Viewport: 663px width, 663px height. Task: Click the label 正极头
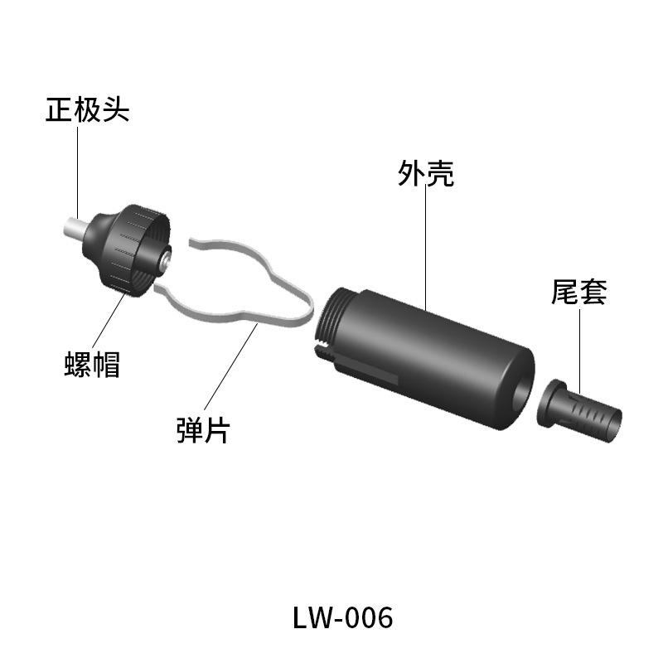[87, 110]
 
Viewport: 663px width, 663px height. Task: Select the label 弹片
[203, 431]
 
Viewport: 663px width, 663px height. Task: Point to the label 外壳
[426, 174]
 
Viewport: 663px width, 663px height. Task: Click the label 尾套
[579, 292]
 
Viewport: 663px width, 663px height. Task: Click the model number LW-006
[342, 617]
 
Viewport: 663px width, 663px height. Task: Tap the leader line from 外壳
[426, 249]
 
